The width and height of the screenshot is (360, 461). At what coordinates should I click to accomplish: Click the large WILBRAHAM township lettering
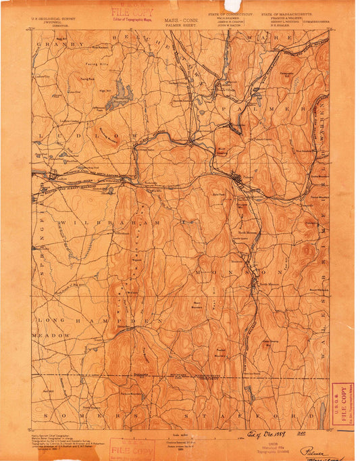tap(115, 222)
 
